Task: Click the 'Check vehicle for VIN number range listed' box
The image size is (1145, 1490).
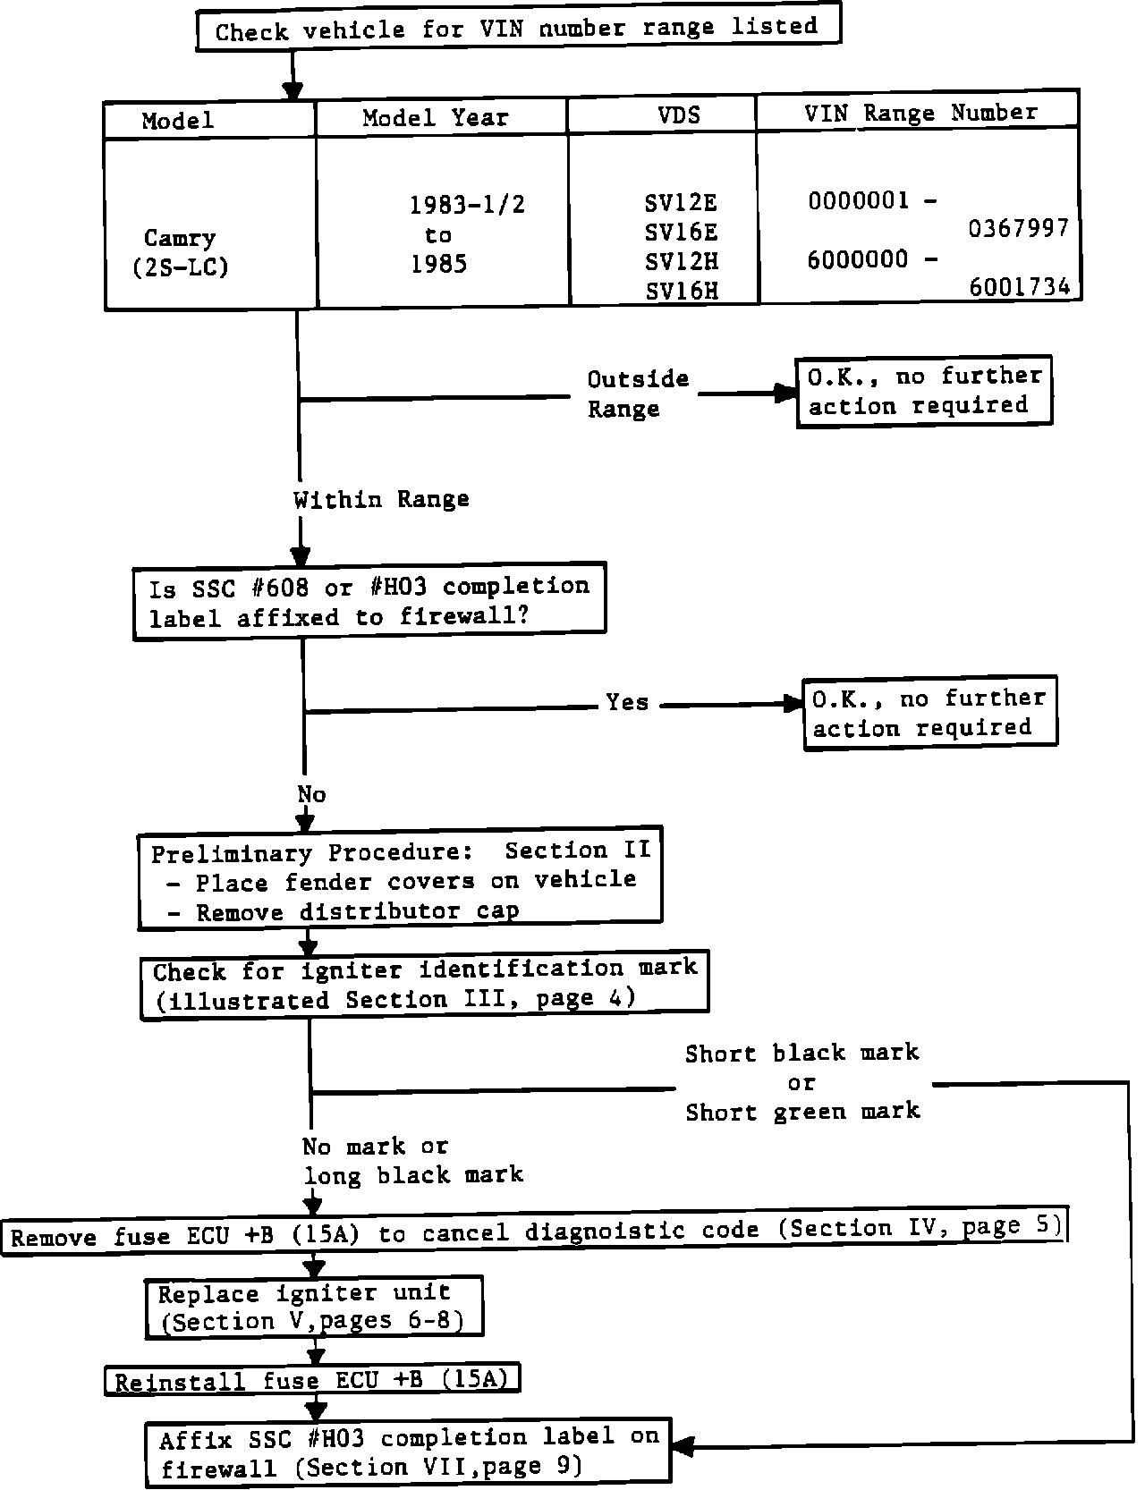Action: pos(518,29)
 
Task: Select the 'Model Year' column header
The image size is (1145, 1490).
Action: pos(436,118)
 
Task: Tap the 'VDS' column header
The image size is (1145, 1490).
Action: pos(679,115)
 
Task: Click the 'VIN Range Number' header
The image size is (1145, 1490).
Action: pos(920,113)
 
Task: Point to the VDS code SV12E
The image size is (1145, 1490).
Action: pos(681,203)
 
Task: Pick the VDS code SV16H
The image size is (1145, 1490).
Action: pos(682,291)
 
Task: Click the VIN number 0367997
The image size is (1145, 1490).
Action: pos(1019,230)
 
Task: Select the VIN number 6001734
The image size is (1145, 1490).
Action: pos(1020,287)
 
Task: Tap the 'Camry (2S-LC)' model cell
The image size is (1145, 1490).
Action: pos(180,252)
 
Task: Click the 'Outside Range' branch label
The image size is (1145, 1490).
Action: pos(637,394)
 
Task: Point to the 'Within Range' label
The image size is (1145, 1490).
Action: pos(381,499)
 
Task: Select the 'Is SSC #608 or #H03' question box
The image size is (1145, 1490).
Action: pos(369,601)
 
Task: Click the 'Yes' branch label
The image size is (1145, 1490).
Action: pos(627,702)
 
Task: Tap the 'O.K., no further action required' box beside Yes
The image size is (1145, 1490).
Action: pos(929,713)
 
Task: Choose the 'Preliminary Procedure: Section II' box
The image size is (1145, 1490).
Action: pos(400,880)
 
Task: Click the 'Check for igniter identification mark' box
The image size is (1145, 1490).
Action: pos(424,984)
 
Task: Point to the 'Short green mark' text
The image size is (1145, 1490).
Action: pos(802,1112)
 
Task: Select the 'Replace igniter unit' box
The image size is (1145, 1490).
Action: pos(314,1307)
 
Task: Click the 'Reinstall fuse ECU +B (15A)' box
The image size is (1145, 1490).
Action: pos(312,1380)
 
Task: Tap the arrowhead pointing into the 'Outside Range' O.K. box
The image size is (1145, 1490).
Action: pos(786,393)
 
